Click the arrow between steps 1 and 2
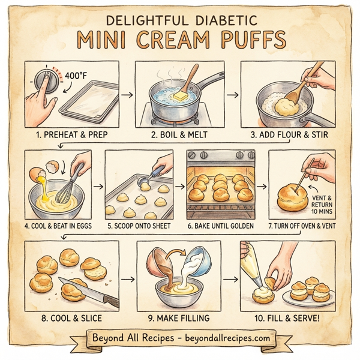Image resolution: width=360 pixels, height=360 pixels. [127, 94]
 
